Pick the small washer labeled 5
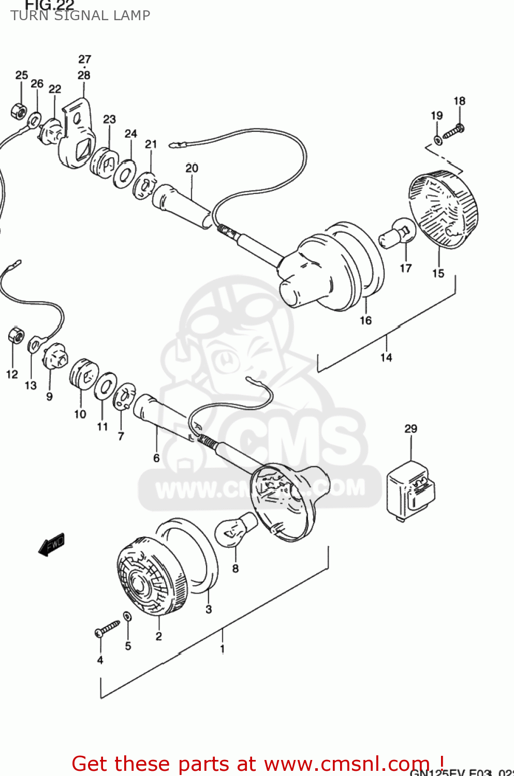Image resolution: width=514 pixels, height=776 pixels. [x=127, y=616]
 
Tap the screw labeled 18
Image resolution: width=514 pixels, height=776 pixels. [x=452, y=131]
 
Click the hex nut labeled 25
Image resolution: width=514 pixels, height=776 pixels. [x=19, y=110]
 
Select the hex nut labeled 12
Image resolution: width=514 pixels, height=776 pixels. [x=16, y=335]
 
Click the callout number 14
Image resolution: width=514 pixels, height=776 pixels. [x=386, y=357]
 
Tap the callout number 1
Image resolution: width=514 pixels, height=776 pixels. [x=223, y=649]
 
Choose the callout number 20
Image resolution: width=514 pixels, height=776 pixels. [x=192, y=168]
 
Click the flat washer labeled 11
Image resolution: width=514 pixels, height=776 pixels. [x=106, y=386]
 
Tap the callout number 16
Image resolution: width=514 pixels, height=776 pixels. [x=365, y=321]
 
